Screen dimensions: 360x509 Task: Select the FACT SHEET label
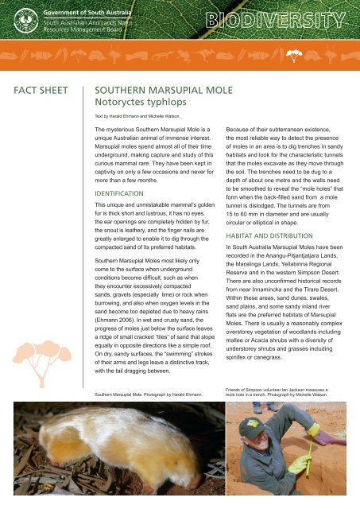[x=39, y=92]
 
